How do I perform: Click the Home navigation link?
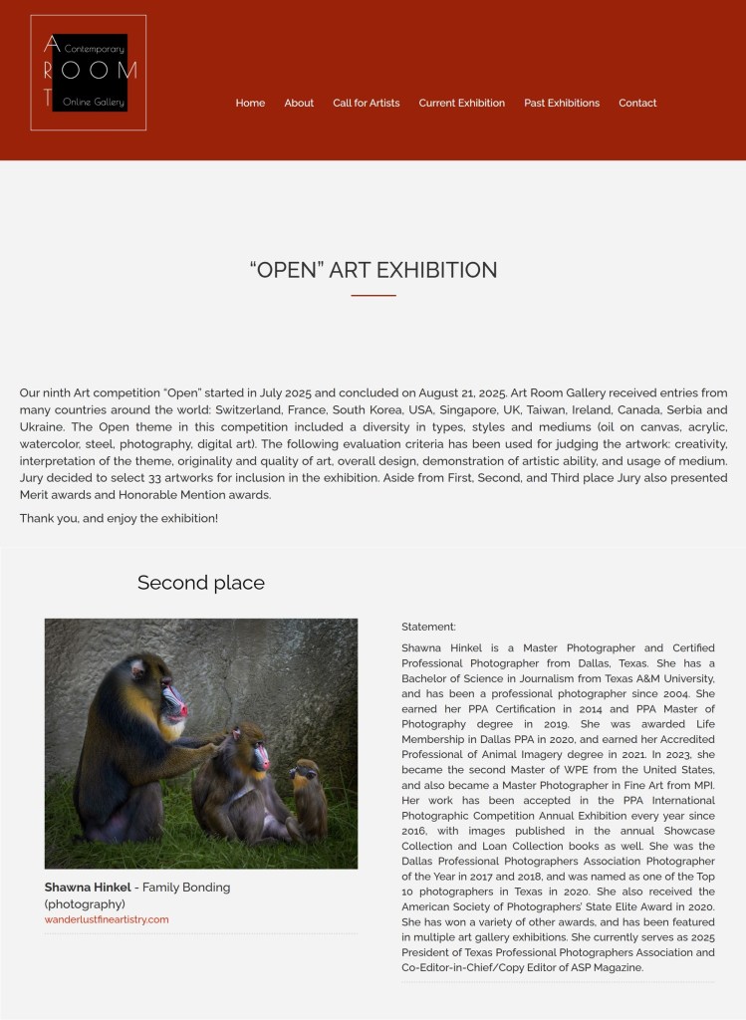[x=250, y=103]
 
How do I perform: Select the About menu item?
[x=299, y=103]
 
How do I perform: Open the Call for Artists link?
[x=367, y=103]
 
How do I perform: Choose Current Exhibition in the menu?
[x=461, y=103]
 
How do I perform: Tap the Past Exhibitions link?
[x=562, y=103]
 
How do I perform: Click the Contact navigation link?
[x=637, y=103]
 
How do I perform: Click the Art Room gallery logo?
[x=89, y=73]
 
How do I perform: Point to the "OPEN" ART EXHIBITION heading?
[x=373, y=270]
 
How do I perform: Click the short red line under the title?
[x=373, y=295]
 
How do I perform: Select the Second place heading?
[x=201, y=583]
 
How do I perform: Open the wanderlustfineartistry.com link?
[x=107, y=919]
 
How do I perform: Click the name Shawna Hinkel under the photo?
[x=88, y=887]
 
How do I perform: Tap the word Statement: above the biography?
[x=428, y=627]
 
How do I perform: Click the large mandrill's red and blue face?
[x=173, y=703]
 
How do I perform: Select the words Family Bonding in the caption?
[x=186, y=887]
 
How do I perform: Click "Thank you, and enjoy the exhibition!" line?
[x=119, y=518]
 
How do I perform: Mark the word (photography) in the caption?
[x=85, y=903]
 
